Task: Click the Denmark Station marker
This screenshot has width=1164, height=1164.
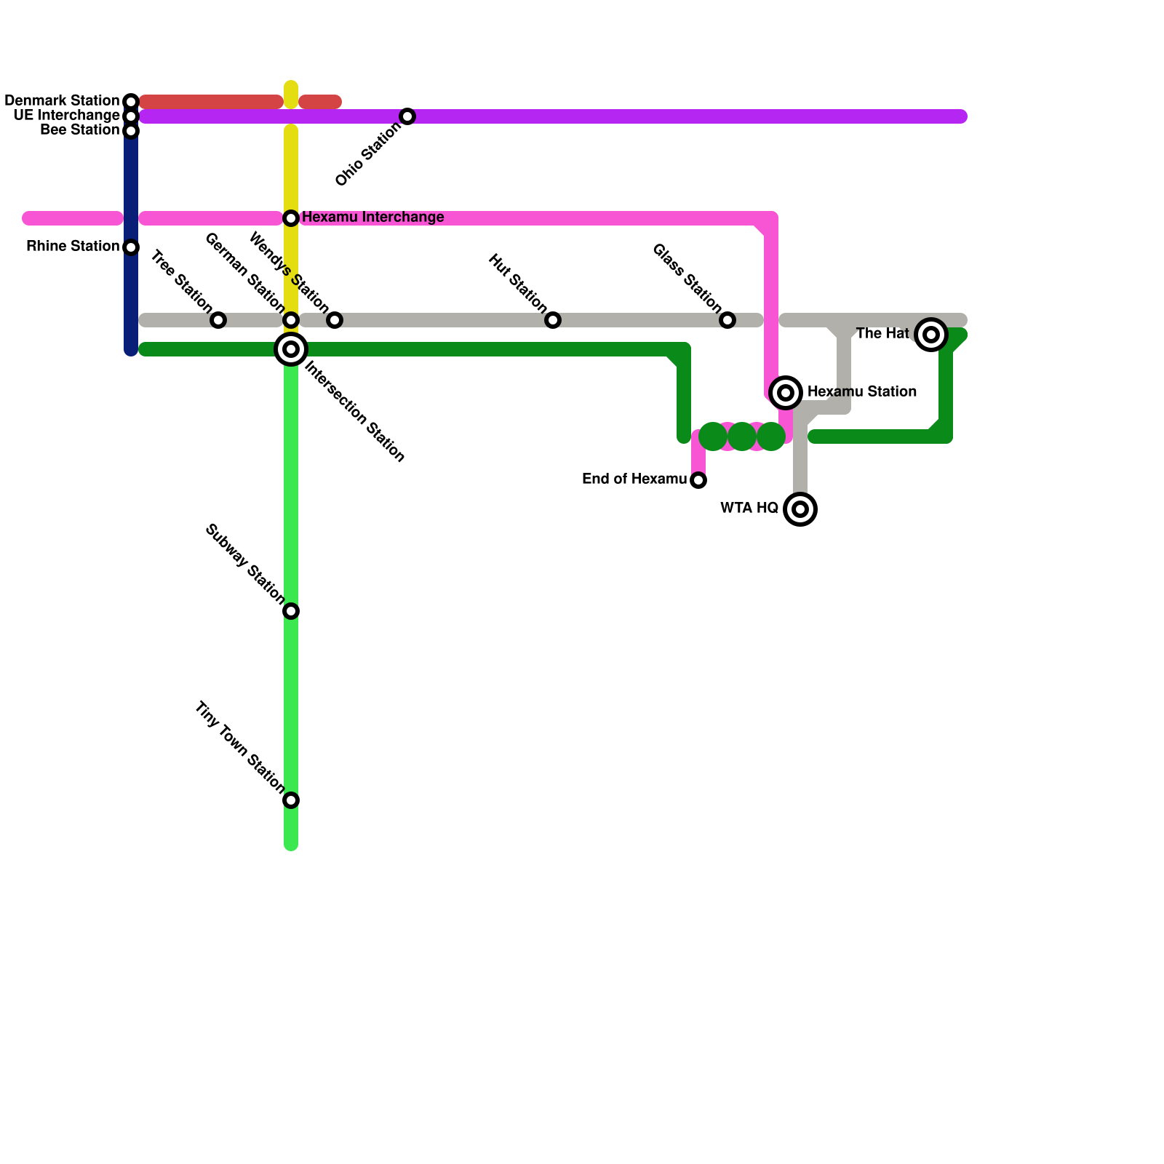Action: point(131,101)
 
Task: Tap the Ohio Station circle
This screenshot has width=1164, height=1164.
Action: point(407,116)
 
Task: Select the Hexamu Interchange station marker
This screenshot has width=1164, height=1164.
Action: point(291,218)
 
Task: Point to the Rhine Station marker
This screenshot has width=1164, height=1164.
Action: point(131,247)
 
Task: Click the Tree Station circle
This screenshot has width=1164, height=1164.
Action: point(218,320)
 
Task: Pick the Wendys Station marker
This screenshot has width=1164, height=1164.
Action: point(335,320)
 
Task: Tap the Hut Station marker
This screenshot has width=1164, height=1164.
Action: point(553,320)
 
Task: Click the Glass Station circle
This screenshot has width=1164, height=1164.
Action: point(727,320)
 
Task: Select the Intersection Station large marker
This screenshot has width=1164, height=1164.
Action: point(291,349)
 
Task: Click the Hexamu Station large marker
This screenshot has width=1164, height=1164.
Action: point(786,393)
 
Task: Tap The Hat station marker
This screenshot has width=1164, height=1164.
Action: point(931,335)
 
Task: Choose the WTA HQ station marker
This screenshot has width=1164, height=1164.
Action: point(800,509)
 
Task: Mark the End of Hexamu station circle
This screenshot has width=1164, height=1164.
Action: point(698,480)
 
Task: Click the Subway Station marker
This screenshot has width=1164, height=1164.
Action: point(291,611)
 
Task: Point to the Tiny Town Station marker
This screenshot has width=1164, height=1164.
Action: point(291,800)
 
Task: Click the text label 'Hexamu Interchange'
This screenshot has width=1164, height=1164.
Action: point(372,218)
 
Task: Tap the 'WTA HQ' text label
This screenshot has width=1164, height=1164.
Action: point(749,509)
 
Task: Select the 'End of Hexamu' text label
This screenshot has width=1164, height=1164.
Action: point(634,479)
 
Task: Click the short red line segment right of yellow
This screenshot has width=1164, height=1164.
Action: point(320,102)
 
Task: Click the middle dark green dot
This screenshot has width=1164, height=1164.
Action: point(742,436)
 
